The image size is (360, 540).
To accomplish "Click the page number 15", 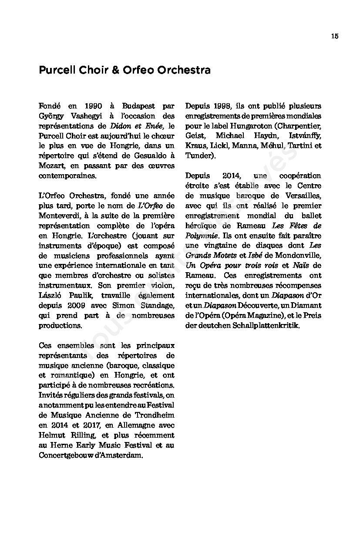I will tap(334, 36).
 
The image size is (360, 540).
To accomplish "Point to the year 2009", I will tap(74, 306).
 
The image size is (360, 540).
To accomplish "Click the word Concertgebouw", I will tap(67, 455).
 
